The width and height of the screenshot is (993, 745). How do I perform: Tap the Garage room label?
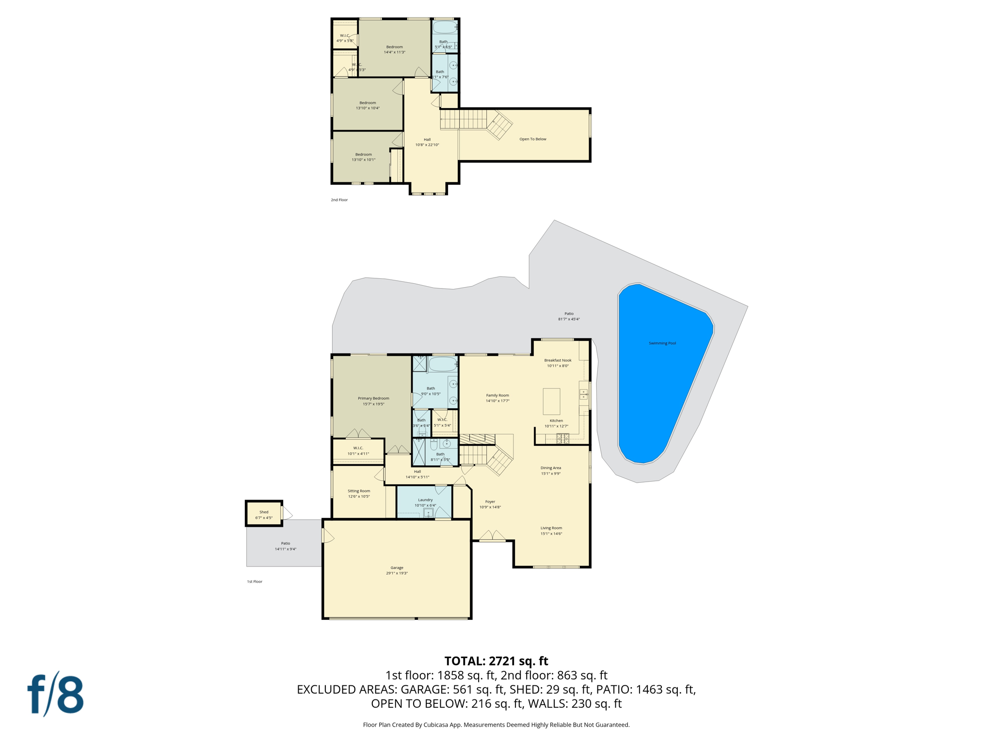pyautogui.click(x=397, y=567)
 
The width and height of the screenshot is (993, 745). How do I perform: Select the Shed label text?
pyautogui.click(x=264, y=512)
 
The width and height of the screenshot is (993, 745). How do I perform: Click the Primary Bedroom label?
pyautogui.click(x=373, y=398)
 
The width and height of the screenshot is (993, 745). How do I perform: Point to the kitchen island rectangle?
pyautogui.click(x=551, y=401)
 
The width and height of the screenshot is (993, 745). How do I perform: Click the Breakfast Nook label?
pyautogui.click(x=558, y=360)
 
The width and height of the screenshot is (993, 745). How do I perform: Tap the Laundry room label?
pyautogui.click(x=425, y=500)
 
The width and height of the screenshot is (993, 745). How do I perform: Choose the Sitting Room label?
pyautogui.click(x=359, y=491)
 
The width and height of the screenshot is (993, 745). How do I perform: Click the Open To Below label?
pyautogui.click(x=532, y=139)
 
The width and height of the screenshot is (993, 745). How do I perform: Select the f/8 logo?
pyautogui.click(x=55, y=694)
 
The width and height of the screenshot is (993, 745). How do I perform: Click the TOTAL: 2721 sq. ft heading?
pyautogui.click(x=496, y=661)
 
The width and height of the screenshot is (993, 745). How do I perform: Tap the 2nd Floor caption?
pyautogui.click(x=339, y=200)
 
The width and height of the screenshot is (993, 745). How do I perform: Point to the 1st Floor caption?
pyautogui.click(x=255, y=582)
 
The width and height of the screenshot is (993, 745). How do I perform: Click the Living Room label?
pyautogui.click(x=551, y=528)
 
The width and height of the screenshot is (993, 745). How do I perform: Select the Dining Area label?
pyautogui.click(x=551, y=468)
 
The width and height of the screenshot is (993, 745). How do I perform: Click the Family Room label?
pyautogui.click(x=497, y=395)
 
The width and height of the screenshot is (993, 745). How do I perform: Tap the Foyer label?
pyautogui.click(x=490, y=502)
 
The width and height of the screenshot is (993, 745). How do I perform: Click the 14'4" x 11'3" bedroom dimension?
pyautogui.click(x=394, y=52)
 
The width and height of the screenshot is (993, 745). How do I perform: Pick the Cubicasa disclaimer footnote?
pyautogui.click(x=496, y=725)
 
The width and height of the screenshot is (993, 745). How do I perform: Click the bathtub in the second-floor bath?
pyautogui.click(x=444, y=27)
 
